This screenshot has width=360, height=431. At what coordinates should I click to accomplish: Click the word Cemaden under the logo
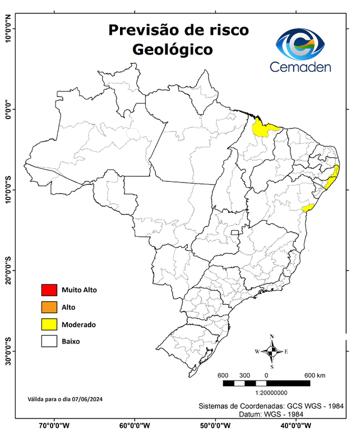point(301,67)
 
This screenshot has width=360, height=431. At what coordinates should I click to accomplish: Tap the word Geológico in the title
point(172,49)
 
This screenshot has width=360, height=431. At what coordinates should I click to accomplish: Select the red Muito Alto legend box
point(49,290)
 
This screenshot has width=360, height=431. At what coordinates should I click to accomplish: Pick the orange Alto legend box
point(49,307)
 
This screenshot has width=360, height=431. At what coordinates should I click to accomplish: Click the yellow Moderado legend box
point(49,324)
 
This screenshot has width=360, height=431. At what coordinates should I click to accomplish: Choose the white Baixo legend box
point(49,341)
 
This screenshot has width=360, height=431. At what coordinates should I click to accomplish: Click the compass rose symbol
point(272,351)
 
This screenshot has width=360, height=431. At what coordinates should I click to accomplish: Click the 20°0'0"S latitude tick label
point(8,270)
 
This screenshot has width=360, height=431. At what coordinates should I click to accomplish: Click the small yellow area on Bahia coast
point(307,208)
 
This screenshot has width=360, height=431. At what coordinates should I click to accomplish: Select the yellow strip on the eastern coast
point(333,179)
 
